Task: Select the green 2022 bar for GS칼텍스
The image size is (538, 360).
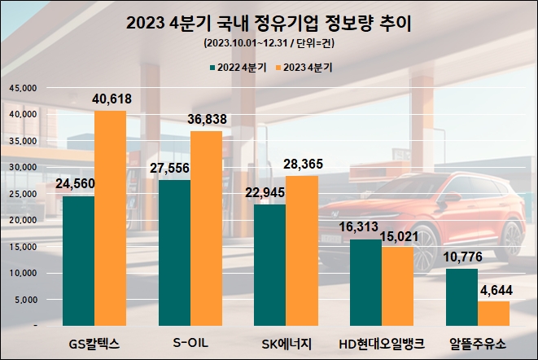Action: (79, 261)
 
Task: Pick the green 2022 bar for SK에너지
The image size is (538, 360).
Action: (270, 265)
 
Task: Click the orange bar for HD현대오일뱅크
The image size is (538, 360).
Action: (396, 285)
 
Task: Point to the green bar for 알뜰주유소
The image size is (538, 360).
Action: (461, 297)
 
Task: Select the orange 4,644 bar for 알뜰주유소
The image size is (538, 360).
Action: (492, 314)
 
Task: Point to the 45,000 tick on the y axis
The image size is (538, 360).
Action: (23, 87)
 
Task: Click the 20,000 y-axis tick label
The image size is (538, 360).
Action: (23, 220)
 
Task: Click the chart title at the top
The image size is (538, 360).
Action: (269, 24)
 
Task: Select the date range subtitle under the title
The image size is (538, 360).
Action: (269, 43)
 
